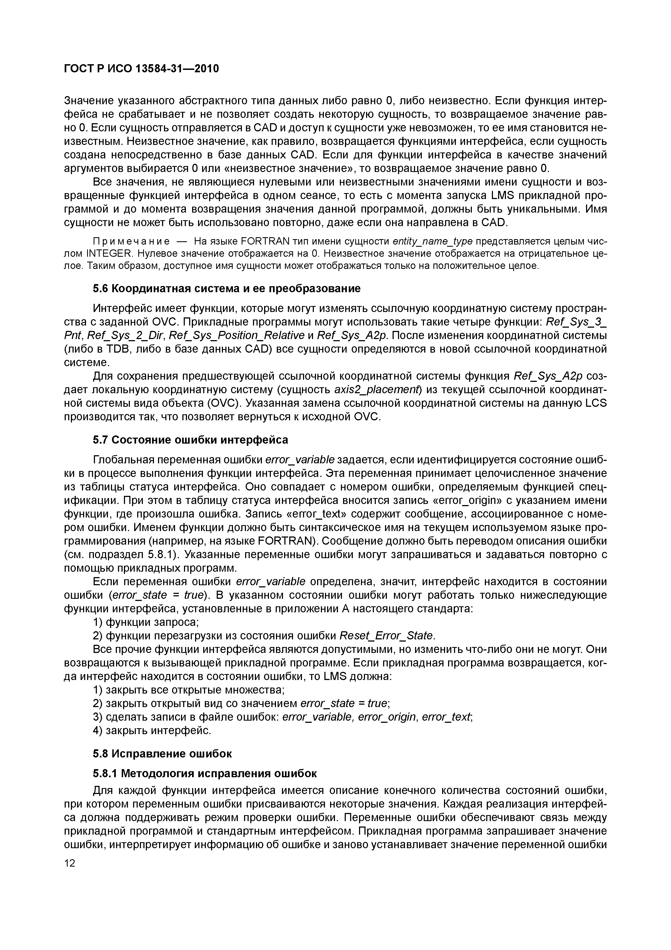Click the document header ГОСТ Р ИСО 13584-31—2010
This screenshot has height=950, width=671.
(x=141, y=69)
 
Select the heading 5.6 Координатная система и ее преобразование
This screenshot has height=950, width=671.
(x=226, y=288)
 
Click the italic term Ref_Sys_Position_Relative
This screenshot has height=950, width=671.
(x=237, y=335)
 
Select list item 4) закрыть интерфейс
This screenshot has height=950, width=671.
(x=152, y=730)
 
